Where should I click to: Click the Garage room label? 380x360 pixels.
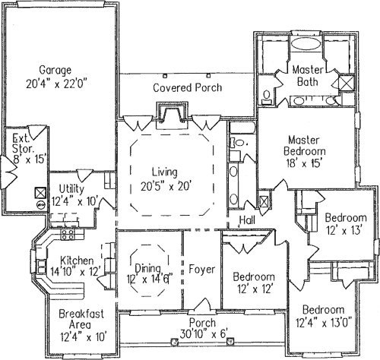55,70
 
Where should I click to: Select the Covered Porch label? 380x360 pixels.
188,87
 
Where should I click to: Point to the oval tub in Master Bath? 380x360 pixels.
306,44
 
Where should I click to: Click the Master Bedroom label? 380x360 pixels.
305,146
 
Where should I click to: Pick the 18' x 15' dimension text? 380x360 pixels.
304,163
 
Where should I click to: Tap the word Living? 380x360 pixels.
165,172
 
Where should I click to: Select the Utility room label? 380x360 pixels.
71,189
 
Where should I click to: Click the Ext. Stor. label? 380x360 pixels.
22,144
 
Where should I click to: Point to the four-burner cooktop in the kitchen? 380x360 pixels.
68,235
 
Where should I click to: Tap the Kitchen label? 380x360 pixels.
77,261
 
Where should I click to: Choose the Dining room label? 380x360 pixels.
147,269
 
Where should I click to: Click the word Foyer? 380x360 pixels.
202,270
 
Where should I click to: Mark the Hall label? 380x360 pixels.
247,220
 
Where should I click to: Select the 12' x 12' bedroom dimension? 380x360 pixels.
255,289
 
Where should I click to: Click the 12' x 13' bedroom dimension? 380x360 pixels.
344,230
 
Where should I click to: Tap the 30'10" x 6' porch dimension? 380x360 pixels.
203,333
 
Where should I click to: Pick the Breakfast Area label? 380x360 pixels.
81,319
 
